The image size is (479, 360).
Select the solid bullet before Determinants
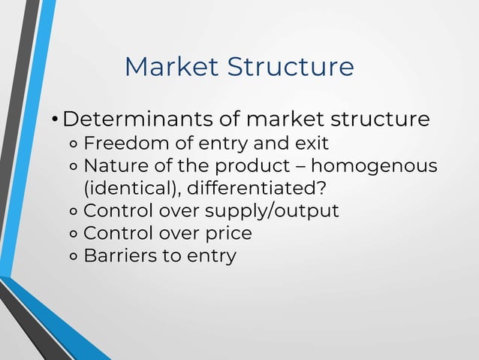point(54,120)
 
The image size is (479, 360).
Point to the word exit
point(310,143)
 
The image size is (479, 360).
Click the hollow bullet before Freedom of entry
point(74,144)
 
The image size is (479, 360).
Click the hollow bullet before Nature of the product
point(74,166)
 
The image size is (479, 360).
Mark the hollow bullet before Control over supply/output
point(74,211)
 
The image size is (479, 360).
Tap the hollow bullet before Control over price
point(74,234)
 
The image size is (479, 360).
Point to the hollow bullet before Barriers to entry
point(74,256)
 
